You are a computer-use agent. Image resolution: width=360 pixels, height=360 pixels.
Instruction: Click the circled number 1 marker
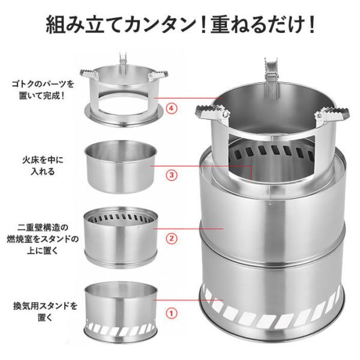(170, 313)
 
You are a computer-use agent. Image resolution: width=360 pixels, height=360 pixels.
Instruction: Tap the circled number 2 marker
(170, 238)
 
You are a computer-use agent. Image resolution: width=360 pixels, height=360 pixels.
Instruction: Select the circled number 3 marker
(170, 176)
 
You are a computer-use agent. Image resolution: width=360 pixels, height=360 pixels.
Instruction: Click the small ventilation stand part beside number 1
(122, 310)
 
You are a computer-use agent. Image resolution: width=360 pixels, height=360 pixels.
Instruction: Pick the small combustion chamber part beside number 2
(122, 236)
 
